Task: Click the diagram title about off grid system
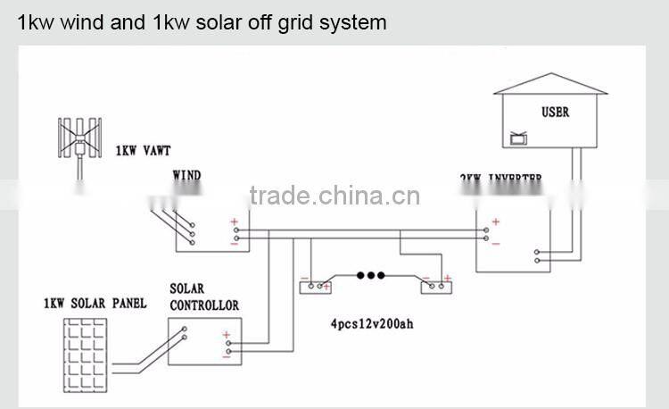(202, 22)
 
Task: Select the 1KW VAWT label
(143, 153)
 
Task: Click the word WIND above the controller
(186, 176)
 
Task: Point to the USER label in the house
(555, 113)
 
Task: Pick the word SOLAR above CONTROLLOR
(186, 289)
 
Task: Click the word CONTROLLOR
(204, 305)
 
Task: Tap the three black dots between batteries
(370, 276)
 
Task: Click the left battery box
(315, 286)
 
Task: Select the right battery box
(438, 286)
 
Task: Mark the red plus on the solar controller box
(227, 335)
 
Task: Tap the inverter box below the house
(517, 241)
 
